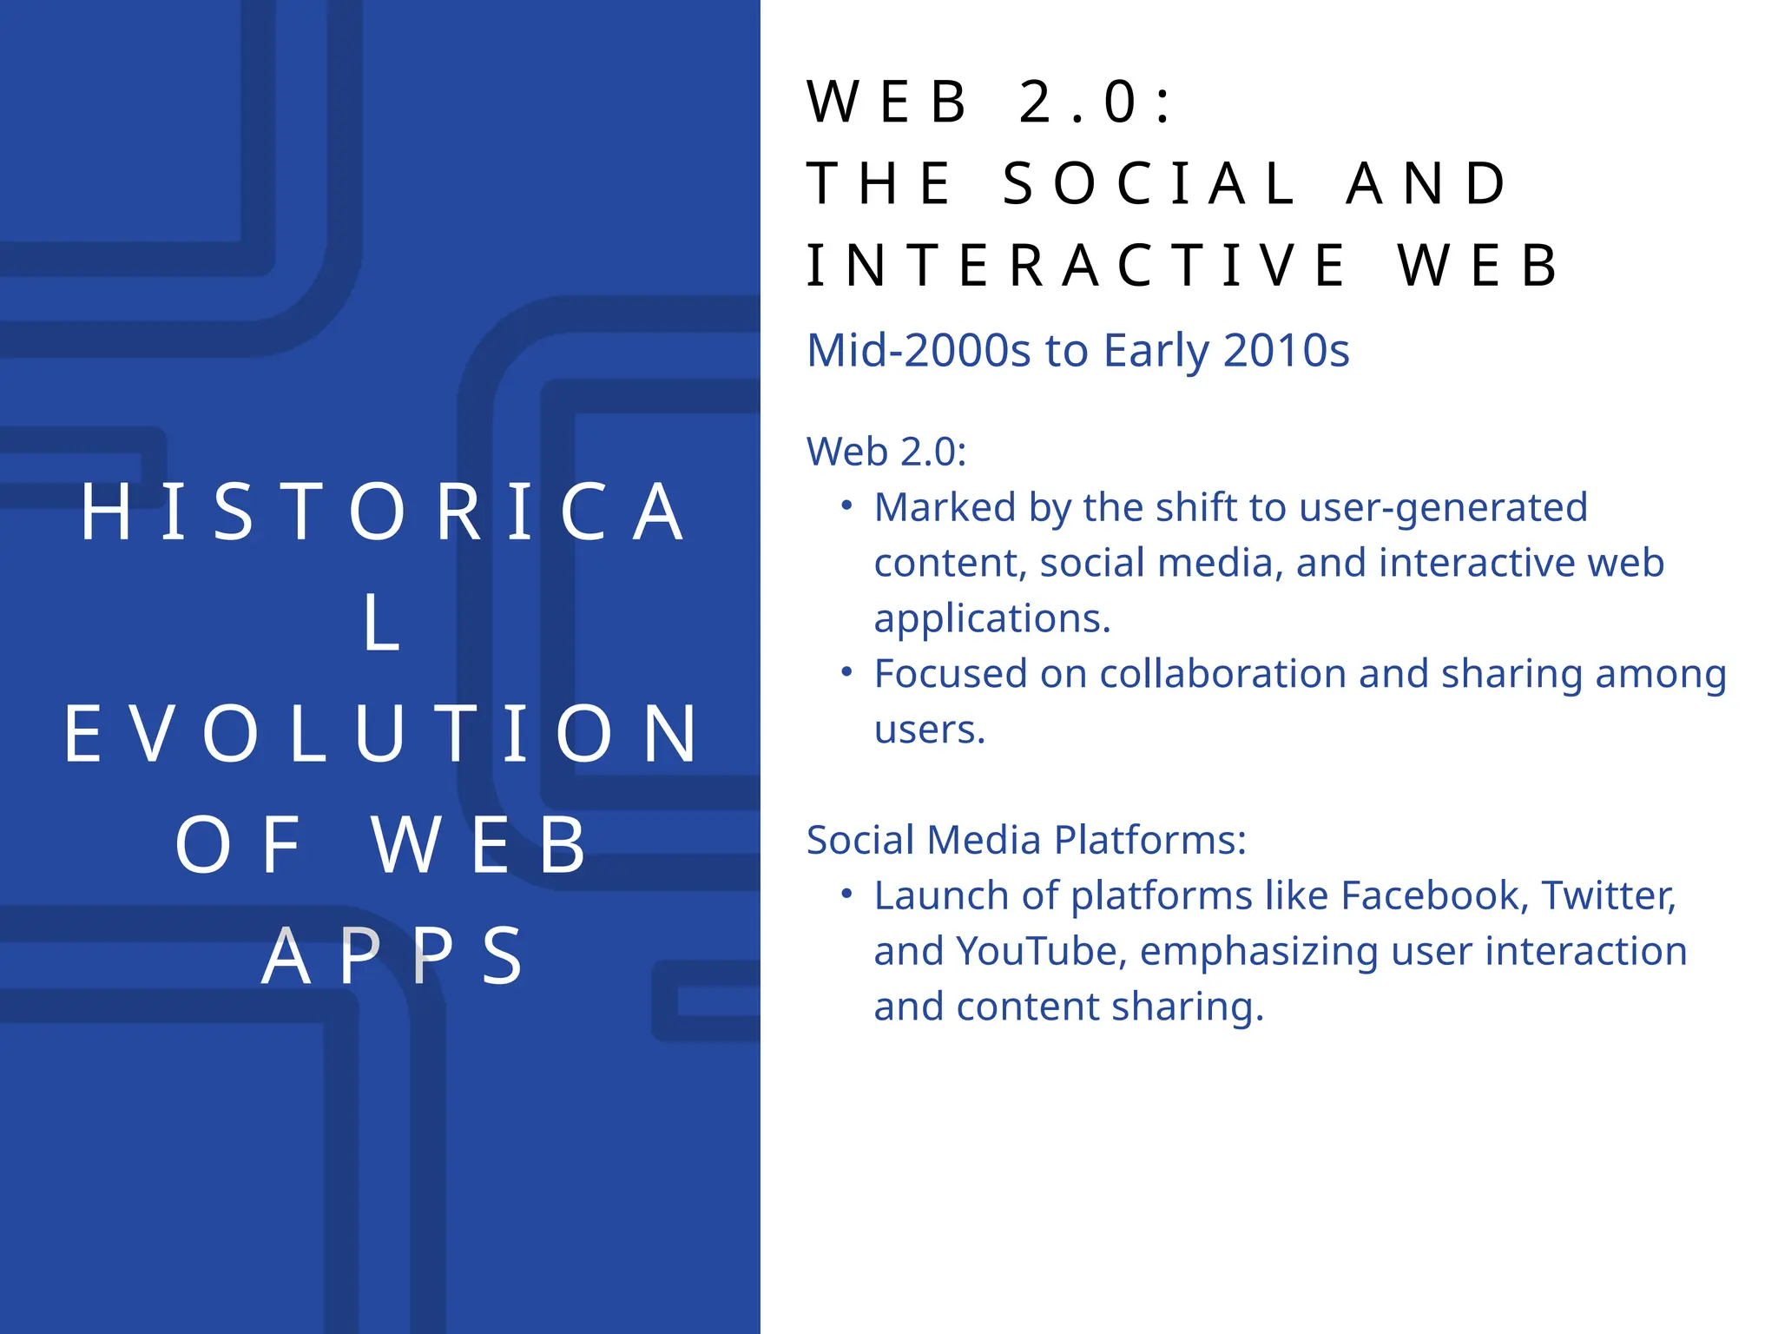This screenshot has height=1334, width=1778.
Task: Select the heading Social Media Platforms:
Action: click(x=1026, y=840)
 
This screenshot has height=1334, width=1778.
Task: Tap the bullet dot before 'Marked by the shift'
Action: click(x=847, y=505)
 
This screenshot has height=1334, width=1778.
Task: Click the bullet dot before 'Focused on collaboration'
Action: click(x=847, y=671)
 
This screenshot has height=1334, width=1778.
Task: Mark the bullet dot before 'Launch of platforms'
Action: click(x=847, y=893)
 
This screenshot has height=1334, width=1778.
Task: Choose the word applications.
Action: click(x=991, y=619)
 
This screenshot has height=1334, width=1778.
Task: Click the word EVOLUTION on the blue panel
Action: click(x=382, y=735)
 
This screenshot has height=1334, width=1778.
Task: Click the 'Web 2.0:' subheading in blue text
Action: click(x=886, y=452)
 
